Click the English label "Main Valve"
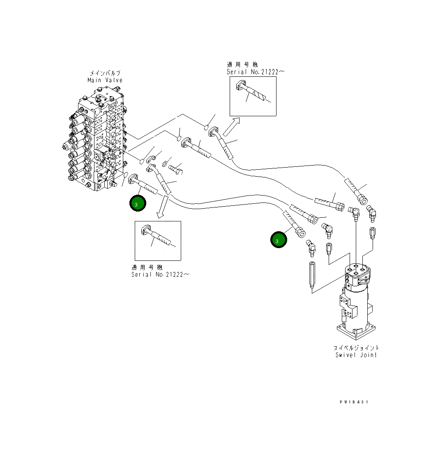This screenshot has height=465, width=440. pos(105,80)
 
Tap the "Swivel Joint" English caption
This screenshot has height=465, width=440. pos(356,355)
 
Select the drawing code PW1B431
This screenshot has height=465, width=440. pos(354,402)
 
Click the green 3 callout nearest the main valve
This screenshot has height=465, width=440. pos(138,203)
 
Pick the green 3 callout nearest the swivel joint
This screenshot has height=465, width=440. pos(278,240)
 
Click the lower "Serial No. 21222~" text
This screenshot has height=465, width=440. pos(160,274)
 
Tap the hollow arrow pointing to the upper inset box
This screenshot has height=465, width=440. pos(232,126)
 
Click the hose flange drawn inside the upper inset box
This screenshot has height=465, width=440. pos(241,86)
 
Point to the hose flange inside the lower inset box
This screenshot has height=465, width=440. pos(146,231)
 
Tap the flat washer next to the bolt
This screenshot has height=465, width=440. pos(165,164)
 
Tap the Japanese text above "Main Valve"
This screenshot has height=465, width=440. pos(105,73)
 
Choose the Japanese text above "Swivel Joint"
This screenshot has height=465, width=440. pos(356,348)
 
